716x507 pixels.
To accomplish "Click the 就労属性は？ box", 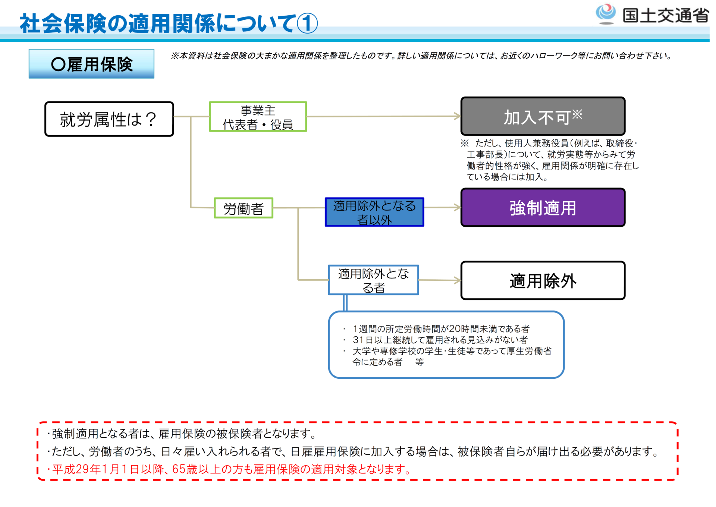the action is point(109,119).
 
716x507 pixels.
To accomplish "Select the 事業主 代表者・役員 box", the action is point(258,117).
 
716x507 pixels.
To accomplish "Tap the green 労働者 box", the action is point(244,208).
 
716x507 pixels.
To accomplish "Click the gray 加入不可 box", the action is point(543,116).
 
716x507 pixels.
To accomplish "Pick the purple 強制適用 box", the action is point(543,208).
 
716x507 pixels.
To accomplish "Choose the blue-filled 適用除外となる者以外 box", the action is point(374,212).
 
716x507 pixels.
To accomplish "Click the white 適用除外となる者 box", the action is point(373,280).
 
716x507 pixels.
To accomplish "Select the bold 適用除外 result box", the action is point(543,280).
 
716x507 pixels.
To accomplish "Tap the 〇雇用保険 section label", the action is point(92,64).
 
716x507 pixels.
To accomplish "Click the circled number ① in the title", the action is point(307,23).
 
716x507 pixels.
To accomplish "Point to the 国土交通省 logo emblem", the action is point(606,14).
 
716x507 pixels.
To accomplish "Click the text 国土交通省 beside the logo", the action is point(666,16).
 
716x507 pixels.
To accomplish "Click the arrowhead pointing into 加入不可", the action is point(458,116).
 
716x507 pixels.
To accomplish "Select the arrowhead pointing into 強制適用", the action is point(458,208).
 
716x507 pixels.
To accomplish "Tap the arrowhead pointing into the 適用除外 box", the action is point(458,280).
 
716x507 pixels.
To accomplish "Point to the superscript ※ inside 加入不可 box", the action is point(577,114).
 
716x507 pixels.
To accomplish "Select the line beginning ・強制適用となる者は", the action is point(182,434).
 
